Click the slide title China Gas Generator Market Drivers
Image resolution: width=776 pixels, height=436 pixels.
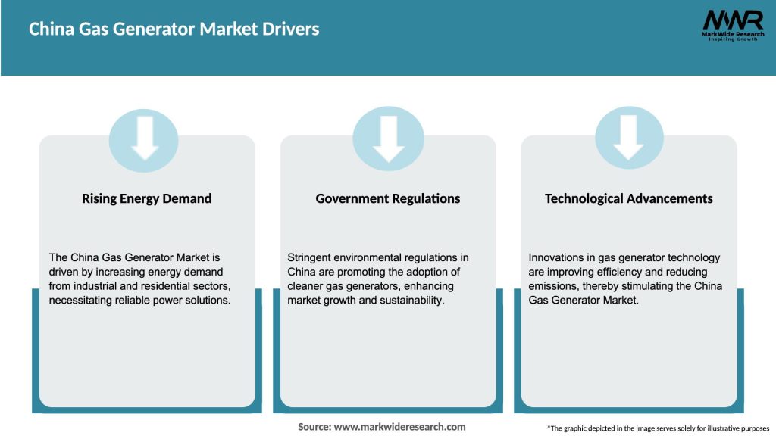point(174,30)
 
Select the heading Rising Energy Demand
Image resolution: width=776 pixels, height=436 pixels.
point(146,198)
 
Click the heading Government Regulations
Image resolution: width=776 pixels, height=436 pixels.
point(388,198)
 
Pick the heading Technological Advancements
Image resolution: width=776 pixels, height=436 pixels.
point(628,198)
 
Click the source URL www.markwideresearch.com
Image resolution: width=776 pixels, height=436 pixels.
point(399,427)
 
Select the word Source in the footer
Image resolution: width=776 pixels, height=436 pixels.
point(314,427)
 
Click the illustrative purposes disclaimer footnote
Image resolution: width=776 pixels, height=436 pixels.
point(658,428)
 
